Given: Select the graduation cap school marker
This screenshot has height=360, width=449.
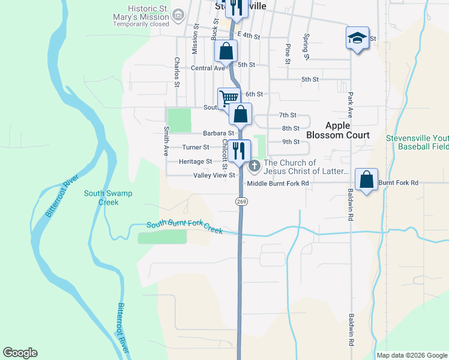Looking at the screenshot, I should point(357,38).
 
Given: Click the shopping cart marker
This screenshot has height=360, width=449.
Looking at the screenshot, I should point(229,98).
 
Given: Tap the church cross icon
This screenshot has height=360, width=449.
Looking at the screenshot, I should point(255,165).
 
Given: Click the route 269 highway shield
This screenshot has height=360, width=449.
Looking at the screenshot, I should point(241,202).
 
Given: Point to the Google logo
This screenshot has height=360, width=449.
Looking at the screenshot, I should point(20,353).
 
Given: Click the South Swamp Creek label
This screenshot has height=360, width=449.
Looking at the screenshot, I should point(108,197).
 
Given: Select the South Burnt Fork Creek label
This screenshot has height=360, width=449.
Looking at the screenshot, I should point(185,226).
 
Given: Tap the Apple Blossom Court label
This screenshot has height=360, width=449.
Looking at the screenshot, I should point(346,130).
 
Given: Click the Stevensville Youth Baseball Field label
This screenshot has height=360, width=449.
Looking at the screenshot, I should point(418,142).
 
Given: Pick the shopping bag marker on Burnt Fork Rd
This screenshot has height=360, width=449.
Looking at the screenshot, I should point(366,179).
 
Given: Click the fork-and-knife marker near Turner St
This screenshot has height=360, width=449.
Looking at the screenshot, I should point(239,150).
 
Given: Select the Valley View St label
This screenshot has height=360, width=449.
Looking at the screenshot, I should point(213,175).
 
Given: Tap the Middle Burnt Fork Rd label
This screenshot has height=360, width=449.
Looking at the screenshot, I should point(278,183).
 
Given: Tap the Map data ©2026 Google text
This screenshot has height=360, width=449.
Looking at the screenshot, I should point(412,355).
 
